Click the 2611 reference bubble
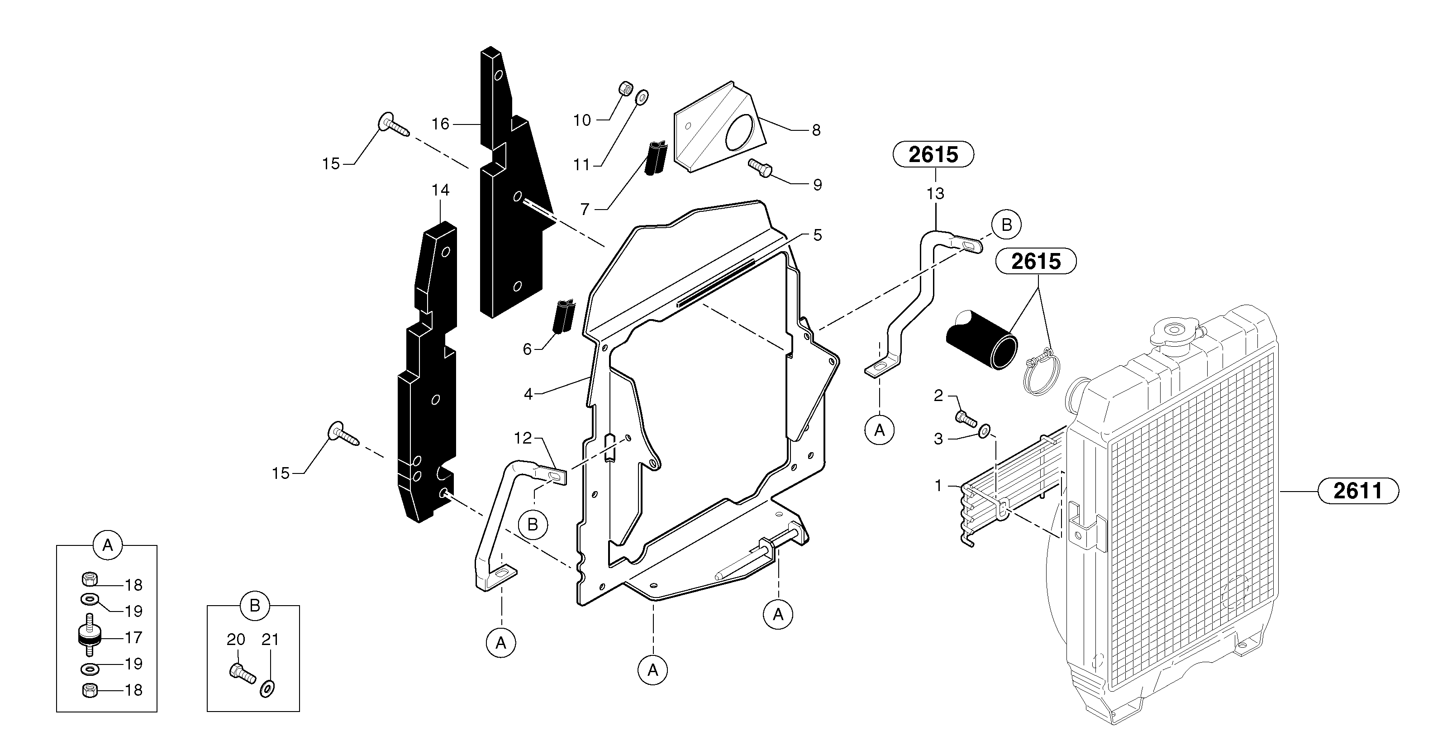(1358, 492)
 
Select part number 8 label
(816, 130)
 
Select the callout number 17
(133, 638)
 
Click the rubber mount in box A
(89, 636)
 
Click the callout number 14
(440, 191)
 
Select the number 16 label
(440, 124)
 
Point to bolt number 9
(761, 167)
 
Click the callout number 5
(817, 235)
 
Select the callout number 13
(935, 194)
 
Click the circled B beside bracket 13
(1007, 225)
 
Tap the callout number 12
(523, 438)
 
